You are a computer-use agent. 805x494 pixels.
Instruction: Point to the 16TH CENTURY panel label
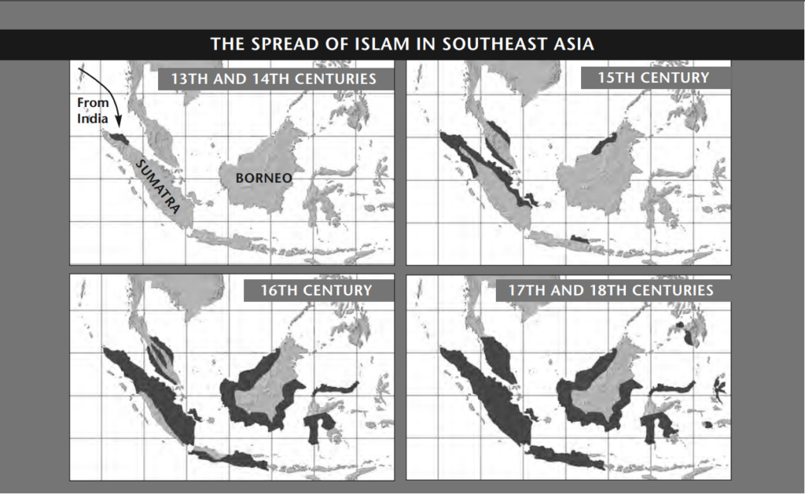(x=317, y=290)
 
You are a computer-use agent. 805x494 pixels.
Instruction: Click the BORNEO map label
(x=263, y=178)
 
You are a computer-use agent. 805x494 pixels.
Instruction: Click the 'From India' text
(x=92, y=111)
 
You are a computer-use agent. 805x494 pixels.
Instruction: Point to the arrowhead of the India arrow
(x=118, y=123)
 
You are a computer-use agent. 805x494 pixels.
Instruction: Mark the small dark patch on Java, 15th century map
(x=580, y=237)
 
